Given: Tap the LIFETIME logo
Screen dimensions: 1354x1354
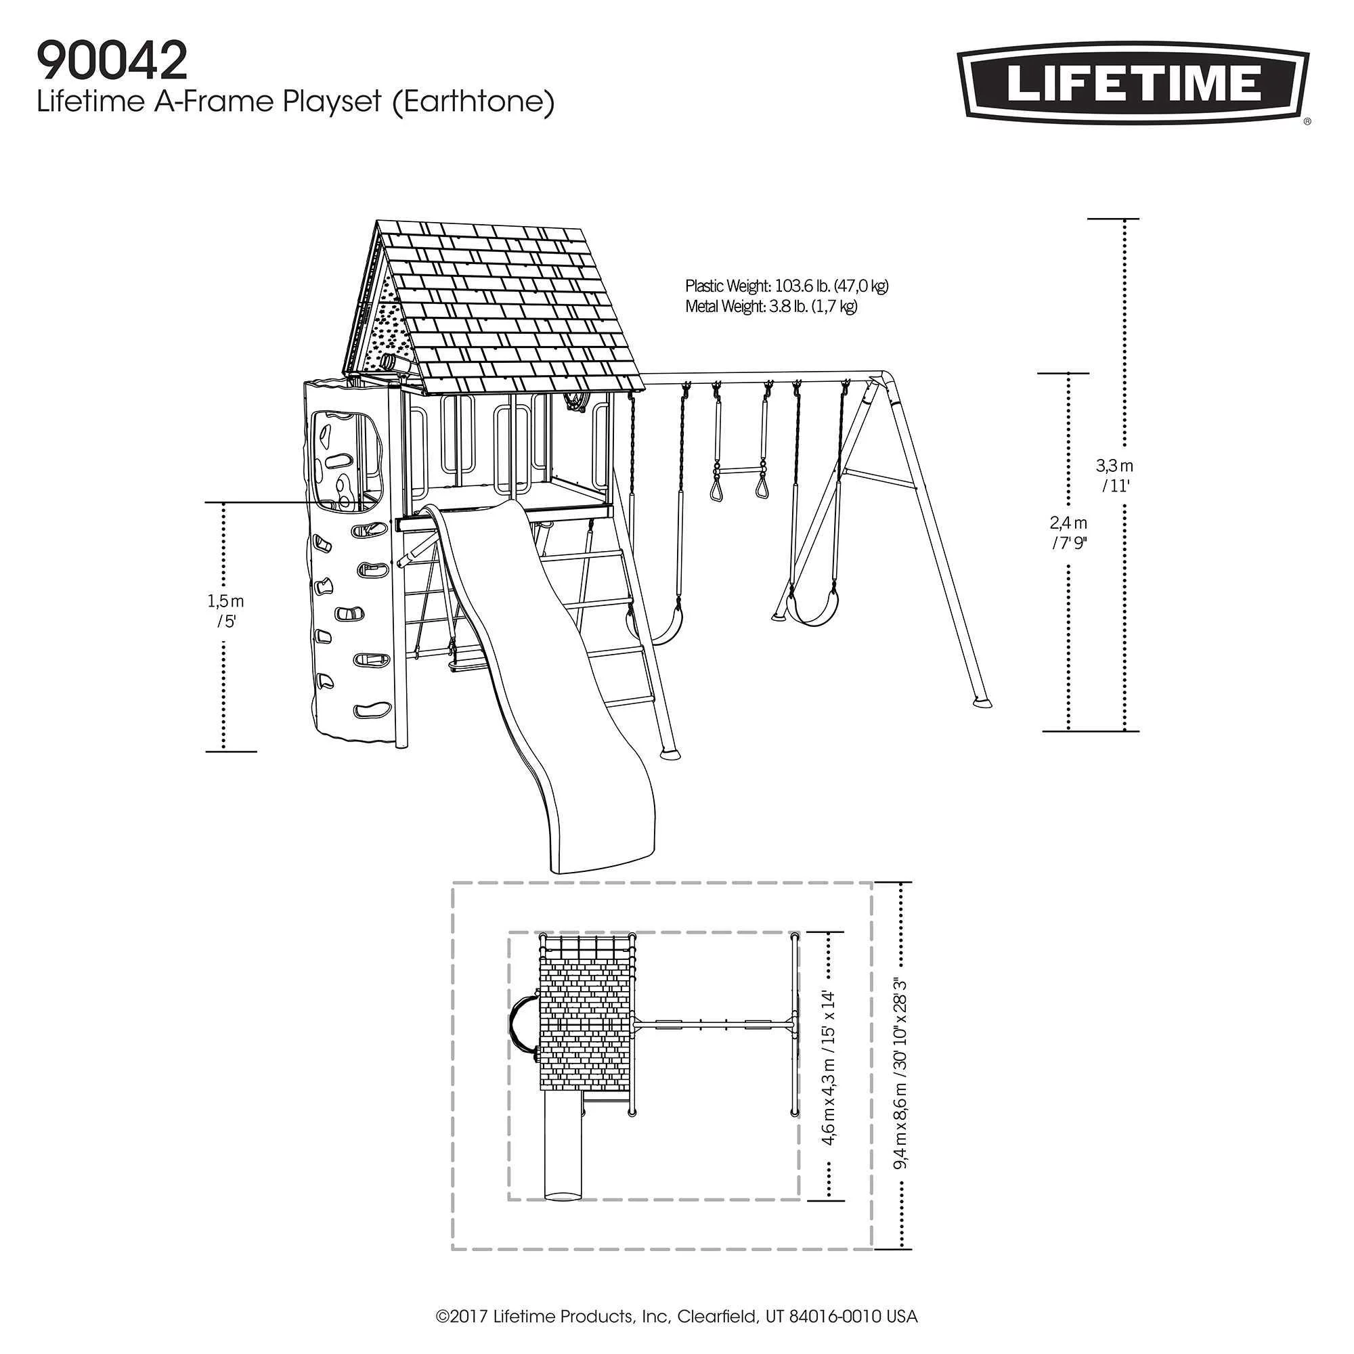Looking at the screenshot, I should coord(1133,83).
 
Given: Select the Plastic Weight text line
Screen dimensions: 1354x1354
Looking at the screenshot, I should coord(786,286).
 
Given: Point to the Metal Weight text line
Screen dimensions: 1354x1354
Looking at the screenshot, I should coord(771,306).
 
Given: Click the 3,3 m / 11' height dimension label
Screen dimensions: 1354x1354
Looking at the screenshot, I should coord(1114,475).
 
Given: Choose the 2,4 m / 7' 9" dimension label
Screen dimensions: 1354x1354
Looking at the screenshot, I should coord(1068,533).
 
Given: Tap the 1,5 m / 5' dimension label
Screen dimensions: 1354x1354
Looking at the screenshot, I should coord(225,611).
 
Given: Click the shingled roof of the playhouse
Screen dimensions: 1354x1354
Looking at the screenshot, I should coord(504,308).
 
